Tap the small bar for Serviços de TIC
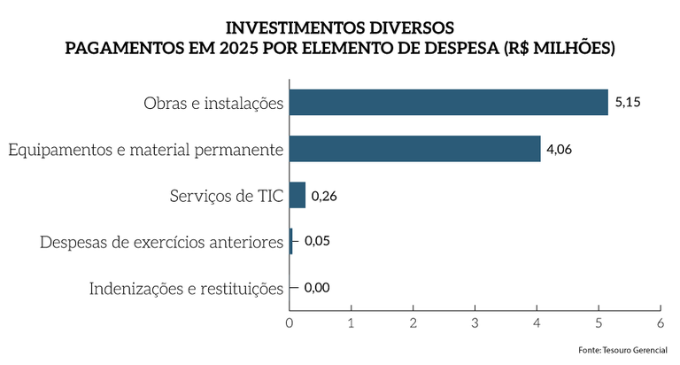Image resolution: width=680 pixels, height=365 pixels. click(297, 195)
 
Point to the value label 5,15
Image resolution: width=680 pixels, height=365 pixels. click(627, 103)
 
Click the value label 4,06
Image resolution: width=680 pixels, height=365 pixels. click(559, 149)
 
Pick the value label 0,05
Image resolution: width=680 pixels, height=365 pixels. click(316, 241)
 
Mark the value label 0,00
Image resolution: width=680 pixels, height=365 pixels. click(316, 287)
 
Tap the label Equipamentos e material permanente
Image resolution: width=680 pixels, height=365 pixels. click(145, 150)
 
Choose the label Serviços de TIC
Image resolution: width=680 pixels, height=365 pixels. click(226, 196)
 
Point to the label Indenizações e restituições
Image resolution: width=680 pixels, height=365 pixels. click(186, 288)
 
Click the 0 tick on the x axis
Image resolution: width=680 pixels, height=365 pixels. click(290, 322)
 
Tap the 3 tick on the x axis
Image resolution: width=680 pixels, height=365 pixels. click(475, 322)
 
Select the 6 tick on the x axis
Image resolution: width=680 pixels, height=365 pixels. click(661, 322)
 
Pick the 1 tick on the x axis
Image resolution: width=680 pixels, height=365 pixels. click(352, 322)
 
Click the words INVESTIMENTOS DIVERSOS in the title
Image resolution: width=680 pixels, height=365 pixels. click(340, 28)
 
